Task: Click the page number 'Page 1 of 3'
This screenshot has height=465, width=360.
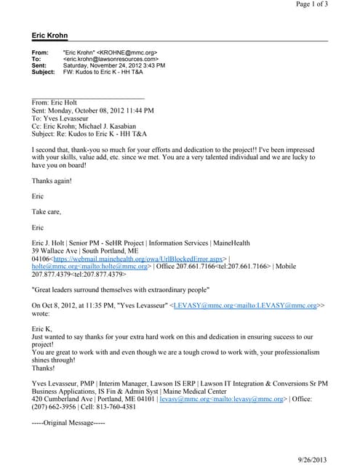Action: tap(311, 4)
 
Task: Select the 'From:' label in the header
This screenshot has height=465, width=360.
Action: tap(40, 53)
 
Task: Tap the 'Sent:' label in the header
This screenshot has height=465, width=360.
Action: tap(40, 65)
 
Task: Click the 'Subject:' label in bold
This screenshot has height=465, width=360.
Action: tap(44, 72)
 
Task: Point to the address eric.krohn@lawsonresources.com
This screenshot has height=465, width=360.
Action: tap(111, 60)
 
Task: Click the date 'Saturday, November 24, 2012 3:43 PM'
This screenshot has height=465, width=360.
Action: tap(114, 65)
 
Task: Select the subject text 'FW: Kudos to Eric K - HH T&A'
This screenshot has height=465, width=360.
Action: tap(105, 72)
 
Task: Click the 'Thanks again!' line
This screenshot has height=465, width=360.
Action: tap(52, 180)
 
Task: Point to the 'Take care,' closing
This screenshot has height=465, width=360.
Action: tap(47, 211)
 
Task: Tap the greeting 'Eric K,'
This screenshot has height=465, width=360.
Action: tap(42, 329)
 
